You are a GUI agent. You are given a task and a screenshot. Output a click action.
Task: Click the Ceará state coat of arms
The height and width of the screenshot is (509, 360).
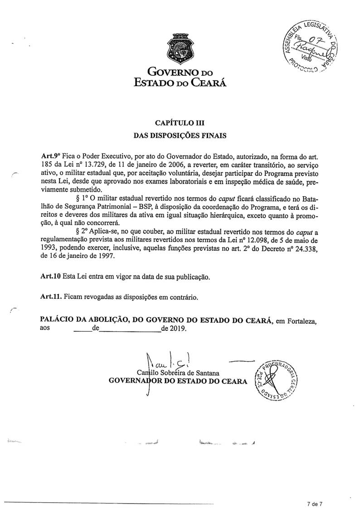[180, 48]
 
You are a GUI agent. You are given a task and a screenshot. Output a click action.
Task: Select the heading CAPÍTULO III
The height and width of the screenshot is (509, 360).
[180, 122]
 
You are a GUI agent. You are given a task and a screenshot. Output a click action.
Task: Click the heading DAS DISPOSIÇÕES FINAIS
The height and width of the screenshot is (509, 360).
[180, 135]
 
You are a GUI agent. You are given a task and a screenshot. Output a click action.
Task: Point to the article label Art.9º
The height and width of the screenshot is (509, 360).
[49, 154]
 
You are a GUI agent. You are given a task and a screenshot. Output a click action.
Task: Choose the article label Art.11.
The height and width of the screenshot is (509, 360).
[50, 297]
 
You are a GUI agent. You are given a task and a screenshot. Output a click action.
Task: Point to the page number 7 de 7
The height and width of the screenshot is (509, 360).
[313, 503]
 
